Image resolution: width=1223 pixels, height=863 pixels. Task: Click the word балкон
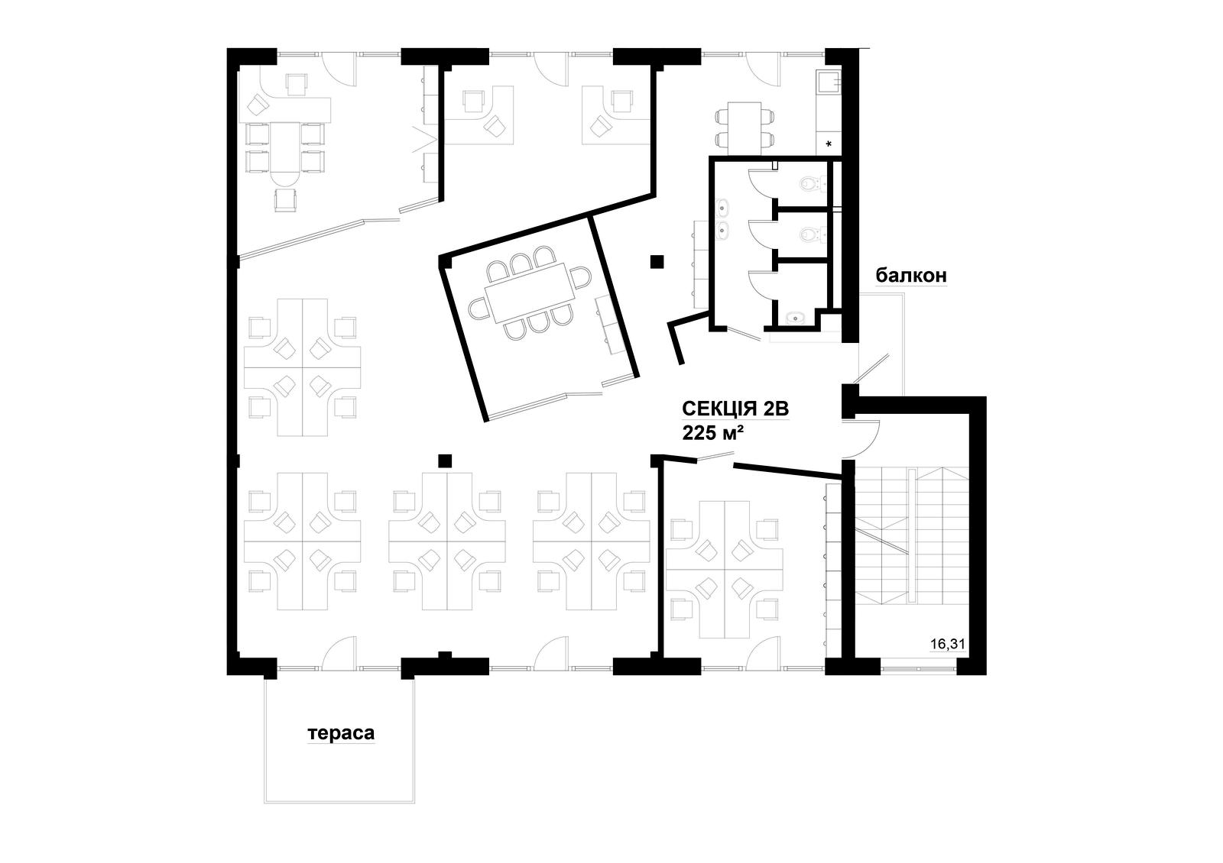(910, 276)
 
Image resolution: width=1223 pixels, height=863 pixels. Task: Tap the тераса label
(341, 733)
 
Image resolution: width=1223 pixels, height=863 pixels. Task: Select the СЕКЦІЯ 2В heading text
(735, 409)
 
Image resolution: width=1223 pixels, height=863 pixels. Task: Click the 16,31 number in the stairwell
(948, 645)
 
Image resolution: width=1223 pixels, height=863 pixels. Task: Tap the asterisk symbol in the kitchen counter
(829, 144)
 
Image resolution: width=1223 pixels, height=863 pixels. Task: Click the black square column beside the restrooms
(657, 262)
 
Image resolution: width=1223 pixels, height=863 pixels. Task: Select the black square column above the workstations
(445, 461)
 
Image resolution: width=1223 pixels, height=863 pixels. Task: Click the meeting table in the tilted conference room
(530, 293)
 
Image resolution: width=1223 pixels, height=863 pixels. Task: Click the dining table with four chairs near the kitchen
(745, 128)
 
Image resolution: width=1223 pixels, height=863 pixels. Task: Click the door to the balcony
(872, 367)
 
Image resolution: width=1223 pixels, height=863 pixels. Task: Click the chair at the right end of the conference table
(581, 278)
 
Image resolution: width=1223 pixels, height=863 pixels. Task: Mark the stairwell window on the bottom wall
(918, 667)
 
